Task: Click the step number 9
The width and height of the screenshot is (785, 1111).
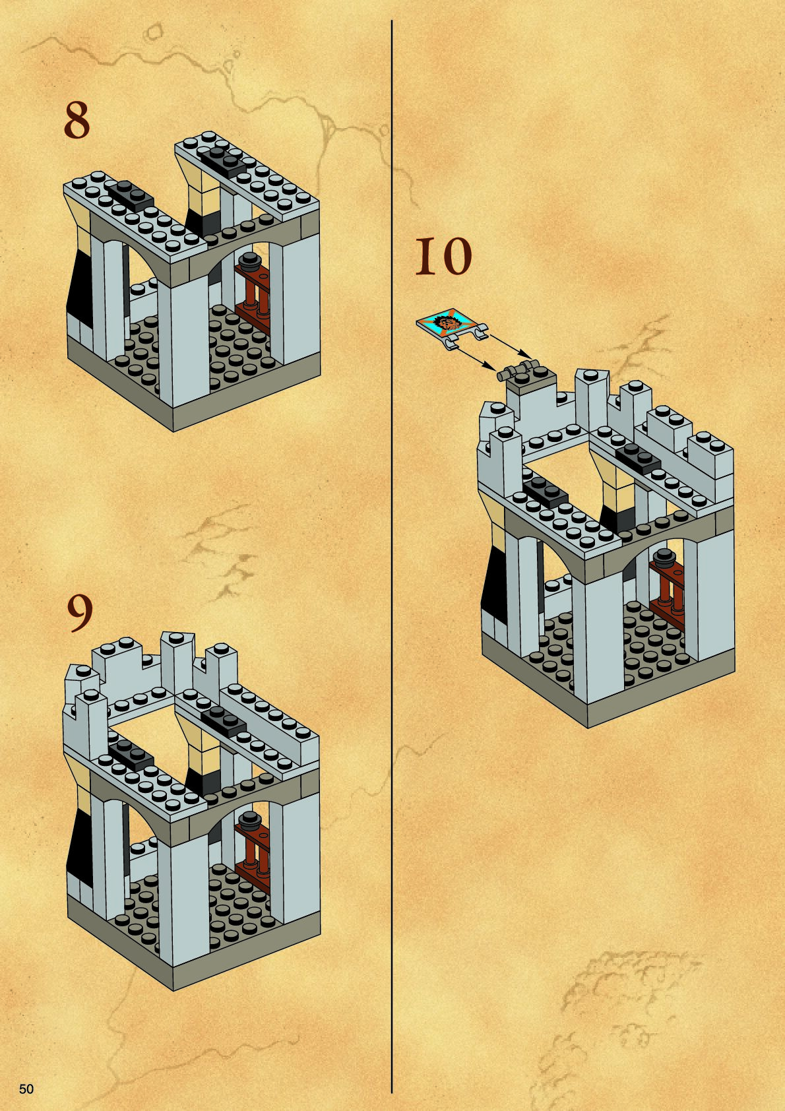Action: [x=80, y=614]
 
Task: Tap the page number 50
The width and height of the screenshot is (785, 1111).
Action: [x=26, y=1089]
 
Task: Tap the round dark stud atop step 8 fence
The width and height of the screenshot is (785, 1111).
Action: [x=249, y=260]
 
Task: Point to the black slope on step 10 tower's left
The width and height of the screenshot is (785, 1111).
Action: [x=495, y=581]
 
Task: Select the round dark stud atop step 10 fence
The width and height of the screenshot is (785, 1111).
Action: [x=664, y=555]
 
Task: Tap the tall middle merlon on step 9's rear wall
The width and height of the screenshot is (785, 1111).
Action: [x=175, y=653]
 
